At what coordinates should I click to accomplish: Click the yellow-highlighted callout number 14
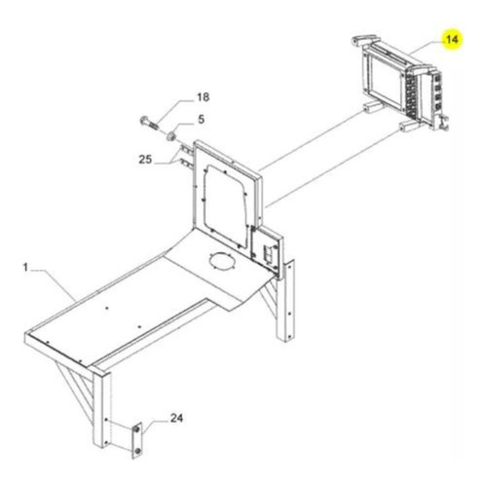[452, 40]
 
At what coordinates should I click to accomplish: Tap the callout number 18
[204, 97]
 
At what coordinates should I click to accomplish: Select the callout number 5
[202, 119]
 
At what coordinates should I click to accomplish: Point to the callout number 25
[145, 160]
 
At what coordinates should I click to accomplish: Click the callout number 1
[25, 267]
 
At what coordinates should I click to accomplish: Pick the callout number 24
[176, 418]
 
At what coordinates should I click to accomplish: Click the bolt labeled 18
[150, 123]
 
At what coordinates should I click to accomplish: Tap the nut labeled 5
[171, 136]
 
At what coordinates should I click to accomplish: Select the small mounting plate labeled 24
[137, 440]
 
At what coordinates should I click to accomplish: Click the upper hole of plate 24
[136, 430]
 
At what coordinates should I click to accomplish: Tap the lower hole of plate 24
[137, 451]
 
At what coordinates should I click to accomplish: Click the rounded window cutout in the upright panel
[226, 205]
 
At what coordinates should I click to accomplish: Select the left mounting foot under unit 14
[371, 107]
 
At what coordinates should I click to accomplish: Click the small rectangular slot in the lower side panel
[268, 254]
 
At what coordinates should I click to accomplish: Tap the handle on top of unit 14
[365, 40]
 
